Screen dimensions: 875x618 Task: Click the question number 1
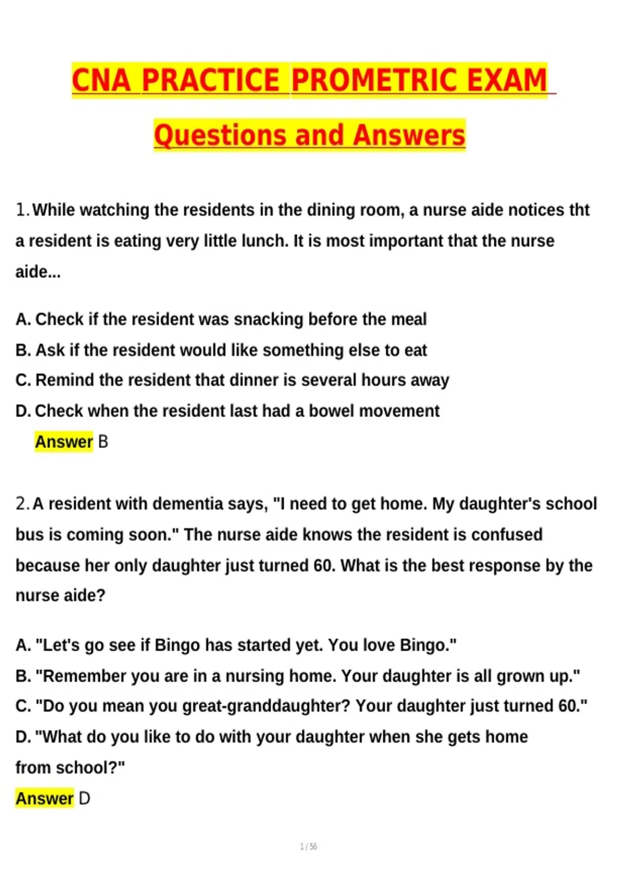(x=22, y=210)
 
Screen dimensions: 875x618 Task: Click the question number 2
(x=22, y=503)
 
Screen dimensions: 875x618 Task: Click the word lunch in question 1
(x=265, y=241)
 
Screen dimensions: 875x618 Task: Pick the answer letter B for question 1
(x=103, y=442)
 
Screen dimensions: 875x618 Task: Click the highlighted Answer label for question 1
(x=63, y=442)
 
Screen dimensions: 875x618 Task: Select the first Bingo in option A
(x=177, y=645)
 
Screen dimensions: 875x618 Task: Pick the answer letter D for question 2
(x=84, y=799)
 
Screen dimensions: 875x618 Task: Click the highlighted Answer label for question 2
(x=44, y=799)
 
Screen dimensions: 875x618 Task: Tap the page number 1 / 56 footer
(x=308, y=847)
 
